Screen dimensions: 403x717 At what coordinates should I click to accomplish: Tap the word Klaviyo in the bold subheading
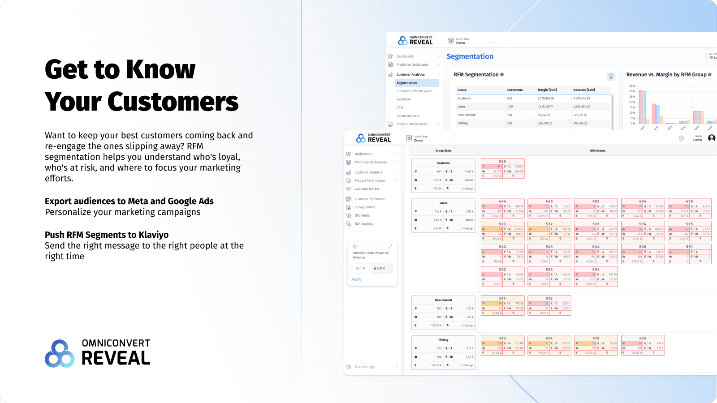click(x=153, y=235)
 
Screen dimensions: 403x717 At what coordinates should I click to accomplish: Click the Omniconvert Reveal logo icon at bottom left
click(x=60, y=354)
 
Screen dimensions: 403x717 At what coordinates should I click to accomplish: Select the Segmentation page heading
click(x=470, y=56)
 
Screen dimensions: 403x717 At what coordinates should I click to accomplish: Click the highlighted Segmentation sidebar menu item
click(x=407, y=83)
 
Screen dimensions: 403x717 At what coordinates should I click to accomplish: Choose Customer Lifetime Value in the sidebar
click(x=414, y=91)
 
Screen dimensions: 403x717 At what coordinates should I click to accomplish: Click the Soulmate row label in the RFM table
click(x=464, y=99)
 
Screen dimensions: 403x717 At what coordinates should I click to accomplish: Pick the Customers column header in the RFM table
click(x=515, y=90)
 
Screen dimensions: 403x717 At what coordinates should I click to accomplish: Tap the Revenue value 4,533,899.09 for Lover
click(x=582, y=107)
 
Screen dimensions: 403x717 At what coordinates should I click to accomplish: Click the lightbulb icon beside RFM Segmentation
click(x=611, y=77)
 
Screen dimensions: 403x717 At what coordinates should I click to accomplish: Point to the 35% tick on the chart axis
click(x=632, y=86)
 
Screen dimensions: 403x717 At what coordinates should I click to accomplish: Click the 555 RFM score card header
click(x=502, y=162)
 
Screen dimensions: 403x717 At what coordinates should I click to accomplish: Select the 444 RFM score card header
click(x=502, y=201)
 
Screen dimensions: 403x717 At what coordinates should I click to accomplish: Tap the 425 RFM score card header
click(x=643, y=339)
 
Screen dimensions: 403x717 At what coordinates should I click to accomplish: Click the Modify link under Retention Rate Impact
click(x=356, y=279)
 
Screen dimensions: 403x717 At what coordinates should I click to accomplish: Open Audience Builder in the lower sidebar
click(x=367, y=189)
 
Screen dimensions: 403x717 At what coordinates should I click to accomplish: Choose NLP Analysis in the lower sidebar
click(x=364, y=224)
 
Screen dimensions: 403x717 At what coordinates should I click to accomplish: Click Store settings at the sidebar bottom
click(x=364, y=367)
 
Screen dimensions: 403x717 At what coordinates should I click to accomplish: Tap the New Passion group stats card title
click(x=443, y=300)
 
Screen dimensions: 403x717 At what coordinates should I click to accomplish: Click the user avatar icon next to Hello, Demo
click(x=712, y=138)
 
